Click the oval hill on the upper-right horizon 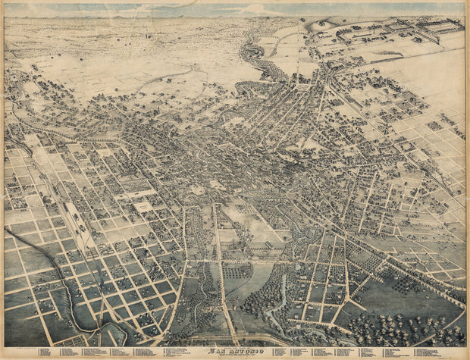pyautogui.click(x=322, y=25)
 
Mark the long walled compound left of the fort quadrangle pyautogui.click(x=371, y=34)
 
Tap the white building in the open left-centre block pyautogui.click(x=142, y=206)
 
